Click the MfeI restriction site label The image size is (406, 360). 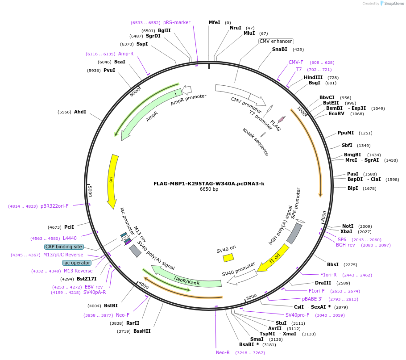214,22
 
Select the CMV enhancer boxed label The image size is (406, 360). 276,41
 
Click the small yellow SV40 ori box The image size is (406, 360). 228,258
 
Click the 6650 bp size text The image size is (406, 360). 209,189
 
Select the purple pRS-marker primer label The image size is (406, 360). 177,22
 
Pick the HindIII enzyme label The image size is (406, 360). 313,77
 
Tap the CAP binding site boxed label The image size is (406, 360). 63,247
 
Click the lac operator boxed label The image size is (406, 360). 77,263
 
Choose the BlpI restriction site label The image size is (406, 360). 352,188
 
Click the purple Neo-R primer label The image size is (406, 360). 223,352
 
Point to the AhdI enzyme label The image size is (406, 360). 80,112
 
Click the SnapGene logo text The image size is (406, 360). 394,4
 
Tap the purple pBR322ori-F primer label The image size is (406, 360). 54,206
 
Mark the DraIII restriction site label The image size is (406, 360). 323,283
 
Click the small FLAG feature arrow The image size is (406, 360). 282,119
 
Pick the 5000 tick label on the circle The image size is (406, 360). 90,191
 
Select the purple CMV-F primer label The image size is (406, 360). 296,62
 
